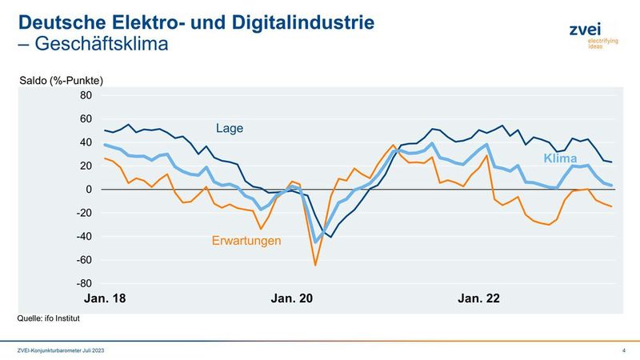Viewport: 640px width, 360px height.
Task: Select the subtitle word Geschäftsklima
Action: tap(100, 44)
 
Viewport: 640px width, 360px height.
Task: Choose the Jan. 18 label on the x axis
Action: tap(105, 299)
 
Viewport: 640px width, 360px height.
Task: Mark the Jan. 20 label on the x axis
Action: tap(292, 299)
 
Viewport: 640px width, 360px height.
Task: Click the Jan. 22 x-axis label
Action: tap(478, 299)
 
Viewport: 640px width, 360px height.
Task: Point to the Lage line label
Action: tap(229, 128)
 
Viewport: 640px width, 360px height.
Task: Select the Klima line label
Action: tap(561, 159)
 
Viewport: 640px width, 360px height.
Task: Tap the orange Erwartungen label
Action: tap(246, 239)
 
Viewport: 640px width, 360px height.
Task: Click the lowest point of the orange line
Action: tap(315, 265)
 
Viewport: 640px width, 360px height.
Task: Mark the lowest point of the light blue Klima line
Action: tap(317, 242)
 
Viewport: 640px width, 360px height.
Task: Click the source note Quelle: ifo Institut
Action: tap(49, 318)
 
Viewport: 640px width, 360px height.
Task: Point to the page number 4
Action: tap(623, 351)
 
